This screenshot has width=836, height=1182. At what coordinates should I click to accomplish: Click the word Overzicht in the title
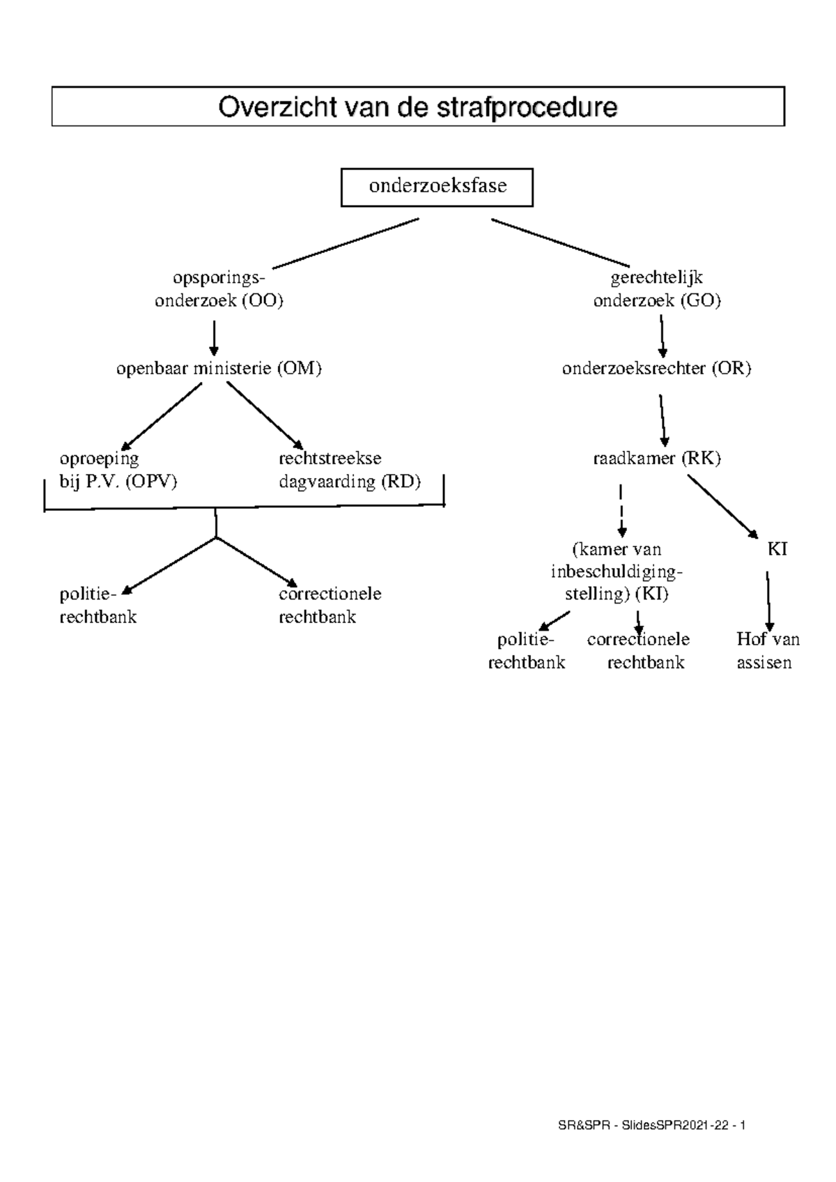point(268,107)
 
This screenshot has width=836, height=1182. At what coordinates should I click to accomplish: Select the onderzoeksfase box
point(437,187)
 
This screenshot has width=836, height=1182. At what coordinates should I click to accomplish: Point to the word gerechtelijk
point(656,277)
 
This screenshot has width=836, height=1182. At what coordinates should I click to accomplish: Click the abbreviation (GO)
point(700,300)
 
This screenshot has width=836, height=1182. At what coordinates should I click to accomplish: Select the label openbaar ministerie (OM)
point(219,369)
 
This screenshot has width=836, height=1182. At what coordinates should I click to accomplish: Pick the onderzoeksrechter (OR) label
point(656,369)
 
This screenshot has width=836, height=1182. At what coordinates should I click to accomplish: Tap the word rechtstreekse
point(330,459)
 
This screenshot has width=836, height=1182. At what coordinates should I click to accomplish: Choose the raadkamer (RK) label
point(656,459)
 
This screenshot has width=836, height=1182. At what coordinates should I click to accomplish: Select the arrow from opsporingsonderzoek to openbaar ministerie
point(215,337)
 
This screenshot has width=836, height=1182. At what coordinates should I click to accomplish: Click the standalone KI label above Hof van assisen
point(777,549)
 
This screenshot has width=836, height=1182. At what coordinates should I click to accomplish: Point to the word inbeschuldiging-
point(617,572)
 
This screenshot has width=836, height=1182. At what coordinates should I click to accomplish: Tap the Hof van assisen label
point(767,650)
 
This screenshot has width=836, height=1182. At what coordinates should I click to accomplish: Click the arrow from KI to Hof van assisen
point(768,601)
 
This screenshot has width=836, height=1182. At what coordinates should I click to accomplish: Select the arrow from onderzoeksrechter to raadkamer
point(663,420)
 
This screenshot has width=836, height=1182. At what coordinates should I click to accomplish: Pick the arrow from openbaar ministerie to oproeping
point(162,416)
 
